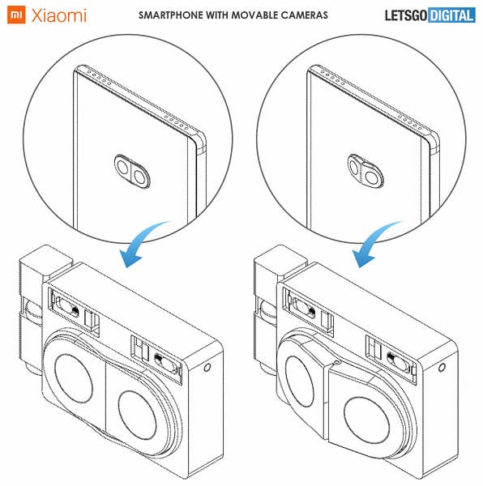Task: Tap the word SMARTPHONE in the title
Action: click(x=171, y=15)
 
